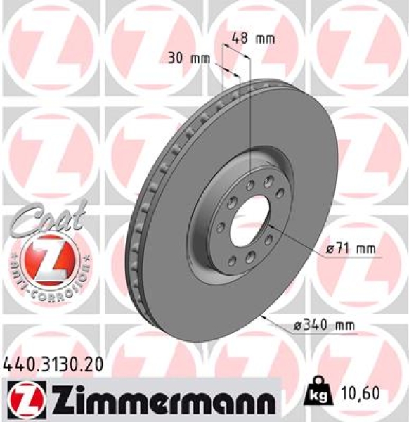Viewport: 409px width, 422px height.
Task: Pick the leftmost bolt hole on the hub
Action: click(x=219, y=226)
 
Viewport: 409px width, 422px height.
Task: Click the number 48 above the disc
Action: click(x=240, y=39)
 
